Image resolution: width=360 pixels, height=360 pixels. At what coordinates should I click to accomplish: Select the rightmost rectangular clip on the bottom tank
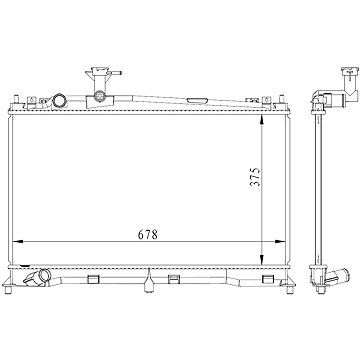click(232, 277)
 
